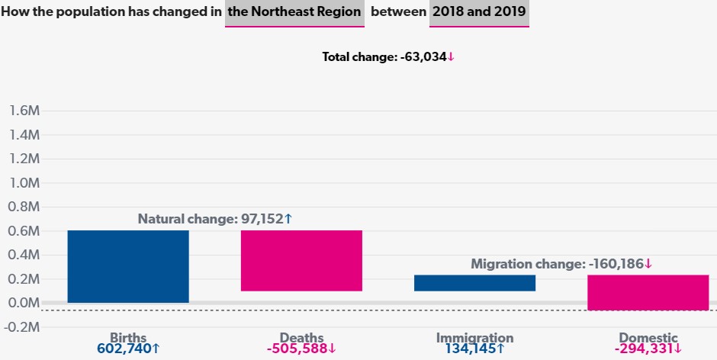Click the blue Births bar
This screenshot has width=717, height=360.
click(x=128, y=266)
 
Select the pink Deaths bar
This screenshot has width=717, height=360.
click(x=301, y=260)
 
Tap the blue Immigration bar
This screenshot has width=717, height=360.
click(x=474, y=283)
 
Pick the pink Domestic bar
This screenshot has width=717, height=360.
click(x=648, y=292)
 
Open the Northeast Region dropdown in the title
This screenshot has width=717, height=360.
click(x=294, y=14)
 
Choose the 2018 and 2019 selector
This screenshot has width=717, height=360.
click(x=479, y=14)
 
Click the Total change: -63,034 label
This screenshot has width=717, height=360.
click(x=388, y=57)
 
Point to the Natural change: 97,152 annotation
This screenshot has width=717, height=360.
click(x=215, y=219)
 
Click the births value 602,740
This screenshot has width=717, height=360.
click(x=128, y=349)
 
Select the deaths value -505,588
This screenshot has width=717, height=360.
click(x=301, y=349)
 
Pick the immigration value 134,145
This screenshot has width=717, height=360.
click(x=474, y=349)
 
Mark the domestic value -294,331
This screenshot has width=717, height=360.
click(x=648, y=349)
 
